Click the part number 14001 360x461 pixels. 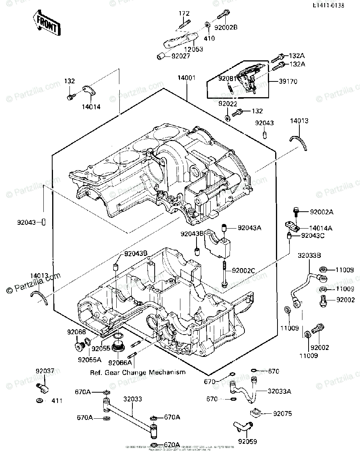(187, 78)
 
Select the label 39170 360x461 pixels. (289, 81)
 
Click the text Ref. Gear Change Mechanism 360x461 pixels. (138, 372)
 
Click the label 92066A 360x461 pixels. (120, 362)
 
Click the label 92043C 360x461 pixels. (312, 235)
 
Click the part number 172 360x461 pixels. (184, 13)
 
